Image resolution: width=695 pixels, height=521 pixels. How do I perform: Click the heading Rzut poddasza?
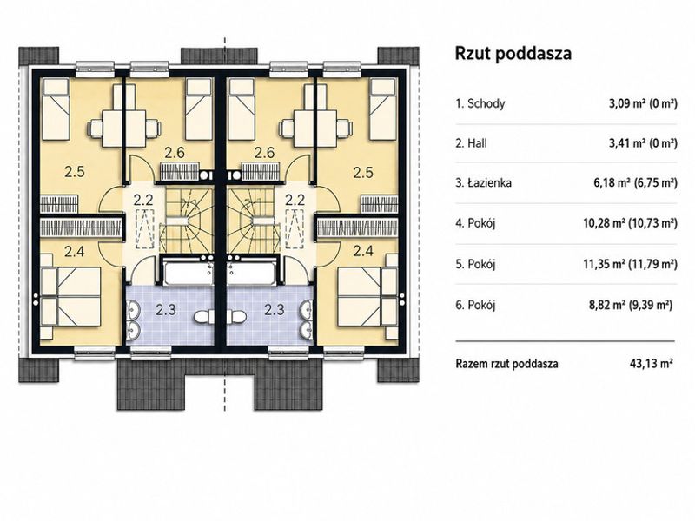coord(513,54)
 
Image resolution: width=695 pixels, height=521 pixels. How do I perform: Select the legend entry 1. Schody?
coord(480,103)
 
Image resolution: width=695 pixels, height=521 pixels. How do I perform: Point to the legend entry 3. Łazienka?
coord(484,182)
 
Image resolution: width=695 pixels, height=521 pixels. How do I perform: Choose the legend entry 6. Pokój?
coord(475,305)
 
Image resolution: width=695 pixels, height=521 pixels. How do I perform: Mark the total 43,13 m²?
coord(652,364)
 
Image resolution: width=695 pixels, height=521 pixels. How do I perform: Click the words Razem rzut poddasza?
coord(506,364)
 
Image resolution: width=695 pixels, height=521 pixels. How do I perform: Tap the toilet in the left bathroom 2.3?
coord(204,316)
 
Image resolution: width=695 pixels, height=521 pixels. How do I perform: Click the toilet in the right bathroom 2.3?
coord(236,316)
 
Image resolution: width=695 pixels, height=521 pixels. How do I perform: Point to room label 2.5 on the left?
coord(75,171)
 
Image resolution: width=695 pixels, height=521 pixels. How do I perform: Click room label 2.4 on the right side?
coord(363,251)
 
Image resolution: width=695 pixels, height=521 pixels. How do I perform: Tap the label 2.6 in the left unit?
coord(175,153)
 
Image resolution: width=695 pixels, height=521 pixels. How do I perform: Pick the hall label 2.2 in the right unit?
coord(295,200)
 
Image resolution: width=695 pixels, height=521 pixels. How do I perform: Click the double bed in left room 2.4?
coord(71,297)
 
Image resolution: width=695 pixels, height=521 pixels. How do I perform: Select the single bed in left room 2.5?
coord(56,109)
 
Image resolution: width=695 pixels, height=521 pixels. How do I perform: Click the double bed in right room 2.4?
coord(367,297)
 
